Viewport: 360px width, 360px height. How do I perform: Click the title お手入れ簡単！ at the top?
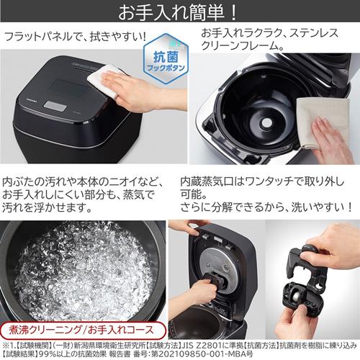180,12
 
